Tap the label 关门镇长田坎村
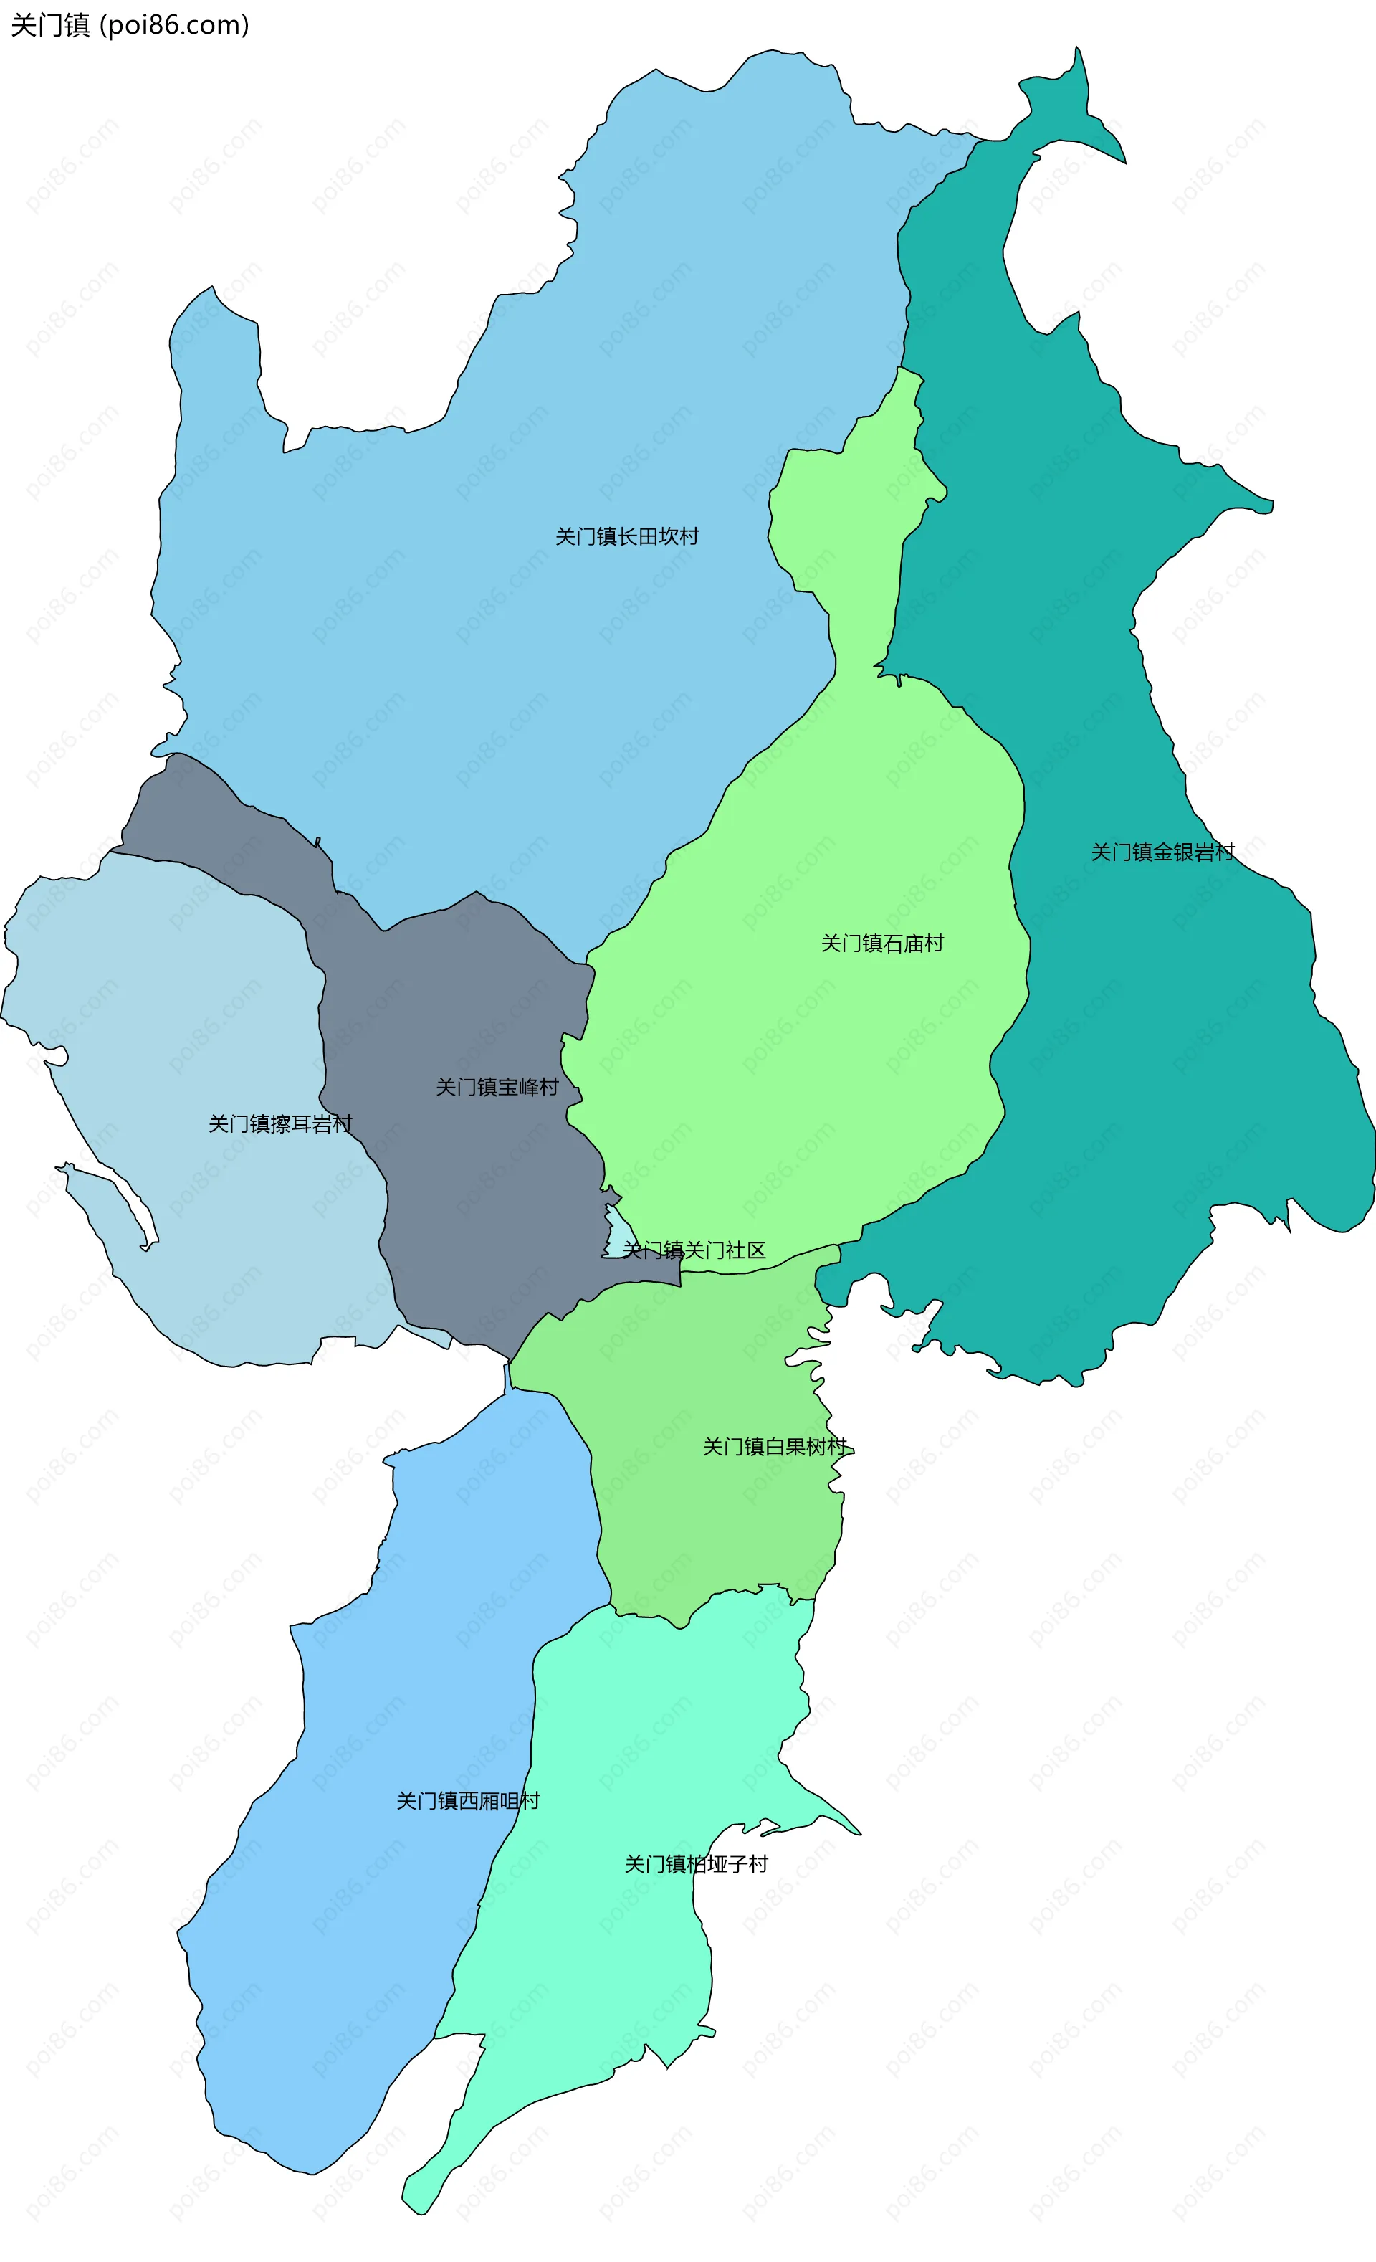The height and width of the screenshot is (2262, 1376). (x=627, y=536)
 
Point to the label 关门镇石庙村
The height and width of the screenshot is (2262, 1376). (x=882, y=943)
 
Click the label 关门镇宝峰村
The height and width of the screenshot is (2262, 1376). (x=497, y=1087)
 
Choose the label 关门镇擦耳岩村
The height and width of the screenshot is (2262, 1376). (x=280, y=1123)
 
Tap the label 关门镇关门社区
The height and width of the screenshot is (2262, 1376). (x=694, y=1250)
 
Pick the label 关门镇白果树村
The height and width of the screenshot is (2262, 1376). (x=774, y=1447)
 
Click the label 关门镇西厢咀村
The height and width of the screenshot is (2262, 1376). (x=468, y=1800)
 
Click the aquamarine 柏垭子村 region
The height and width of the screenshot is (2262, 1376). (x=643, y=1974)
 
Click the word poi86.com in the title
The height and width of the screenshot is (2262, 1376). (x=173, y=25)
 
